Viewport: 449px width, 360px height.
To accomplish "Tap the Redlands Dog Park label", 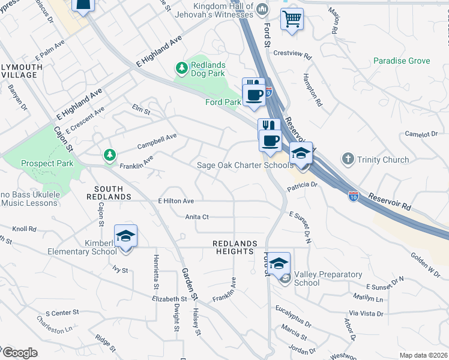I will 208,69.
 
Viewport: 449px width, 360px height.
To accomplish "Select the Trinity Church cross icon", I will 348,159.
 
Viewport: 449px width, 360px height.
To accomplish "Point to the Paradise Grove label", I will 402,61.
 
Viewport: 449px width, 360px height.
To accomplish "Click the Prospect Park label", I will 47,163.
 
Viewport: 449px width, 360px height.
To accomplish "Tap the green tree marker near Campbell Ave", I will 109,155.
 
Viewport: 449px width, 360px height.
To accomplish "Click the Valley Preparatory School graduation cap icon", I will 279,263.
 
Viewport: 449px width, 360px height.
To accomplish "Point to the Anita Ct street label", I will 197,217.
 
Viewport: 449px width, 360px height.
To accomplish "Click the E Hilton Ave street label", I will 176,201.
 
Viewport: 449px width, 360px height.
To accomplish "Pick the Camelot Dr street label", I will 421,134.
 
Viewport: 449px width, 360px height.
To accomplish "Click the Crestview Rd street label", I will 292,53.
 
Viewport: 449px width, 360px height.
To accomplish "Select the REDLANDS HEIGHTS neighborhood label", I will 235,247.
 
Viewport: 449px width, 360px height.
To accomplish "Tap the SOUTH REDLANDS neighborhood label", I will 109,192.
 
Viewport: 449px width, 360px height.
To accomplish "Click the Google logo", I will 20,353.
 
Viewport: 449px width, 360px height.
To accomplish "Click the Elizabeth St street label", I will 170,298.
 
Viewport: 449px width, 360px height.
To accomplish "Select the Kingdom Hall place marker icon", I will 262,10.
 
